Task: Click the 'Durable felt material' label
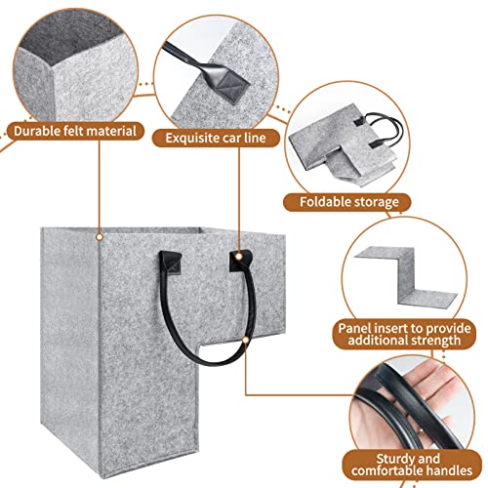tap(75, 131)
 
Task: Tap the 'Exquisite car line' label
tap(216, 138)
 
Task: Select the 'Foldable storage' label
tap(348, 202)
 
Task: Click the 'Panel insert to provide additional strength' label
tap(404, 335)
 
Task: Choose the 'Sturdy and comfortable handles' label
tap(412, 465)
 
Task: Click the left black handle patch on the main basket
tap(171, 263)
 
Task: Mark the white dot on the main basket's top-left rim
tap(100, 237)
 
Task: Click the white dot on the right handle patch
tap(239, 257)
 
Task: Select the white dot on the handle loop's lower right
tap(246, 340)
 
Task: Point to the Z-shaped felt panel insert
tap(406, 276)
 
